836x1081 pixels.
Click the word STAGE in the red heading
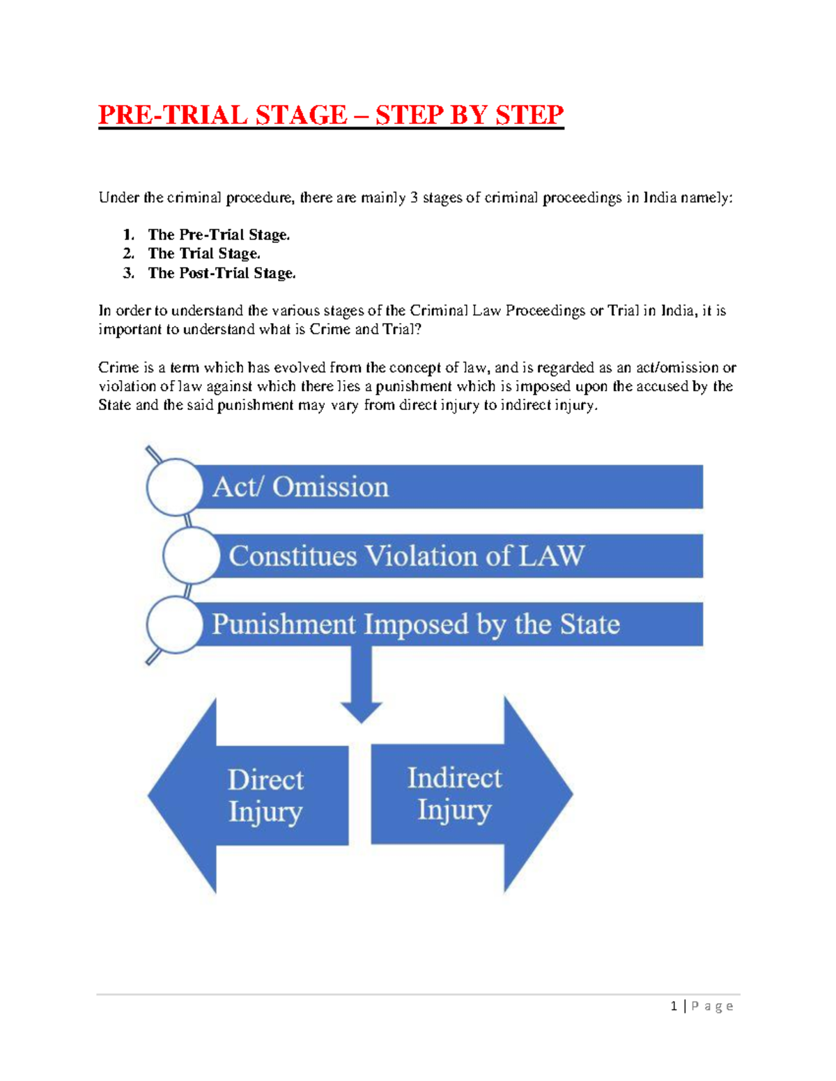pyautogui.click(x=301, y=115)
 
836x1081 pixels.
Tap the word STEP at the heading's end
pyautogui.click(x=529, y=115)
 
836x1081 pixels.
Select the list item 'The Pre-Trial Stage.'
pyautogui.click(x=219, y=235)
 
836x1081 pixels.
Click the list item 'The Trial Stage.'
pyautogui.click(x=204, y=253)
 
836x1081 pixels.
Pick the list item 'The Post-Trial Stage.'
pyautogui.click(x=222, y=273)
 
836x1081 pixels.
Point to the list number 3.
pyautogui.click(x=128, y=273)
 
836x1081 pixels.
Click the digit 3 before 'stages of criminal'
pyautogui.click(x=414, y=198)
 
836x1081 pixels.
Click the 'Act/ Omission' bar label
pyautogui.click(x=300, y=487)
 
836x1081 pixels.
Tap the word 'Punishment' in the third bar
pyautogui.click(x=284, y=624)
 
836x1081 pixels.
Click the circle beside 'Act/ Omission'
pyautogui.click(x=174, y=487)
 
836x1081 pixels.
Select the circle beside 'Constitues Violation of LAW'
pyautogui.click(x=191, y=555)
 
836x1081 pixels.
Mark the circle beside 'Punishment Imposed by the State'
pyautogui.click(x=174, y=624)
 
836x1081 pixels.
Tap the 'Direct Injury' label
pyautogui.click(x=265, y=795)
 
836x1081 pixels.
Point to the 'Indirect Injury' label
pyautogui.click(x=454, y=794)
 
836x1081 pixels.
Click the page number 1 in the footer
pyautogui.click(x=674, y=1006)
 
